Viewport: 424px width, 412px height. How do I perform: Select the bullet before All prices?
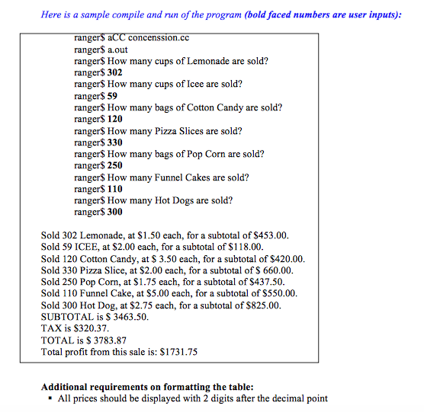coord(50,399)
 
